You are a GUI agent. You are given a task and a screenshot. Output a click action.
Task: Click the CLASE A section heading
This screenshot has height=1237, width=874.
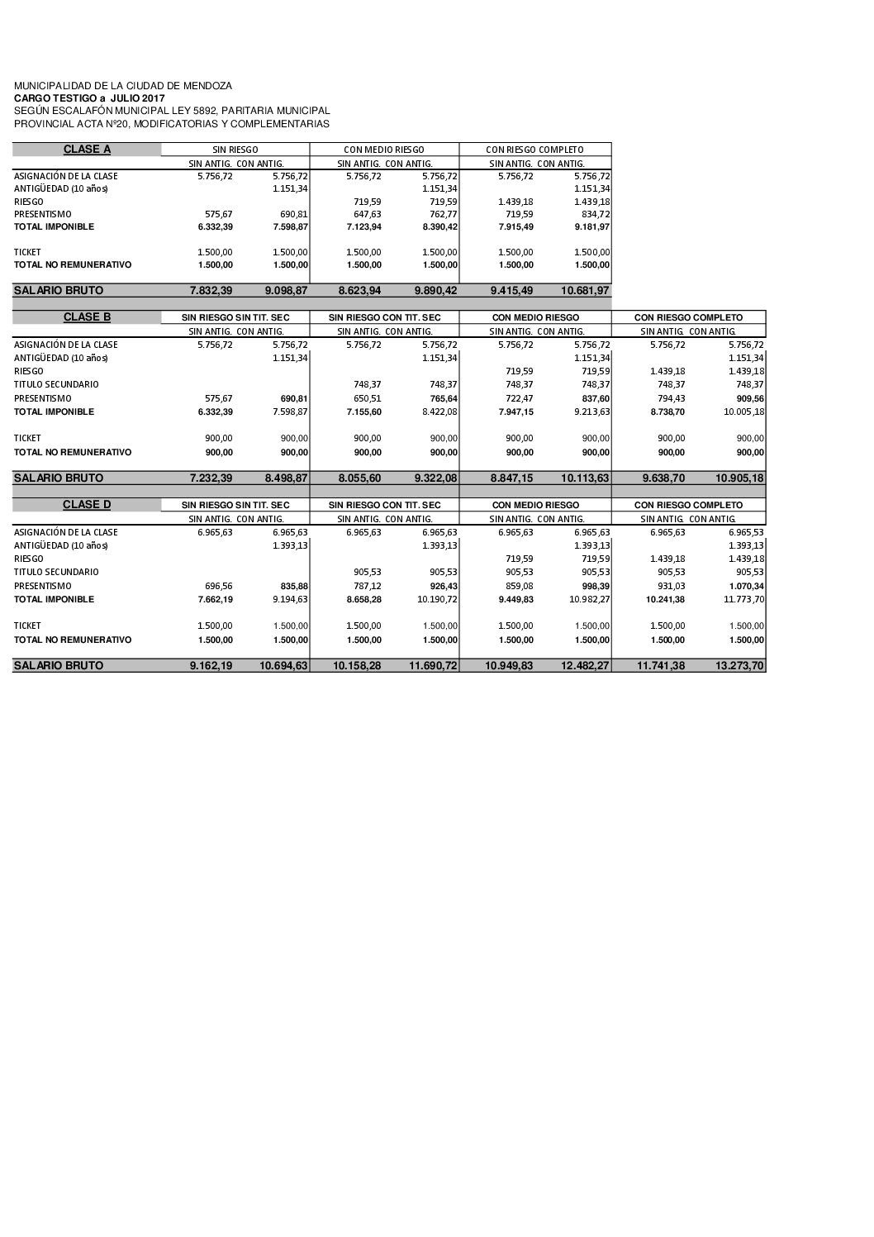point(87,150)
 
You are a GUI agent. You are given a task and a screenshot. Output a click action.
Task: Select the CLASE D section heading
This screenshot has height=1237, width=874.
point(87,505)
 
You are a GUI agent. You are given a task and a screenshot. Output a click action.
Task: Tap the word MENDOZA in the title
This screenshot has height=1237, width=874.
point(205,86)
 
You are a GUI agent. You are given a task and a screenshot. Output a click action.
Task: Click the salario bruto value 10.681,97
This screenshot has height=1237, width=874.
point(585,291)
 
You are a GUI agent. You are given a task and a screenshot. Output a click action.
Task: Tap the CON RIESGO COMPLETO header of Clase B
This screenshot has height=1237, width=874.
point(688,317)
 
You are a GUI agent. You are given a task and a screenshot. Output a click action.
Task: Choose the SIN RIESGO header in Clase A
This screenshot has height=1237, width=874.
point(235,150)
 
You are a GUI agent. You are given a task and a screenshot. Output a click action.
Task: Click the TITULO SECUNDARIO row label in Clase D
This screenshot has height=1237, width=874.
point(56,572)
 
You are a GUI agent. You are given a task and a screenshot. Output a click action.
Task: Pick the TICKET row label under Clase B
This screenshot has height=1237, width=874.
point(27,438)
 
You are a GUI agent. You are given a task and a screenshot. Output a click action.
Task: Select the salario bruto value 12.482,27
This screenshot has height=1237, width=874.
point(585,665)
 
